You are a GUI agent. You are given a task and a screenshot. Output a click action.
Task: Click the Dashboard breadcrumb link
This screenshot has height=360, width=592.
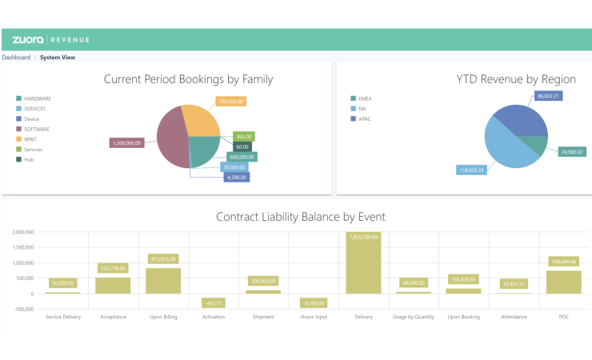click(16, 58)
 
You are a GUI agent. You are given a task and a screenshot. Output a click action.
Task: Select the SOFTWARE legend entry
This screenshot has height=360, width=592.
click(36, 129)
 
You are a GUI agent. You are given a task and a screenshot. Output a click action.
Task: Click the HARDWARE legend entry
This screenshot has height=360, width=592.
click(37, 98)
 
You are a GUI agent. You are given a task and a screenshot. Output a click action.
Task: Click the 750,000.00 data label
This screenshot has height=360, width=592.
click(231, 102)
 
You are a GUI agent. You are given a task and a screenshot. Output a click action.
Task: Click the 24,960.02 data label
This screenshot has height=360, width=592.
click(570, 151)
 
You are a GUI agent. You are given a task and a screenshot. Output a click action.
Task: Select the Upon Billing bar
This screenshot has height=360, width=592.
click(162, 280)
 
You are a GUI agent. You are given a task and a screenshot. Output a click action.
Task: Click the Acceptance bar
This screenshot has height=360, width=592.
click(112, 285)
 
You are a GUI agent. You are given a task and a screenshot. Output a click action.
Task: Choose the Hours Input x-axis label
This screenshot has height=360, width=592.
click(314, 317)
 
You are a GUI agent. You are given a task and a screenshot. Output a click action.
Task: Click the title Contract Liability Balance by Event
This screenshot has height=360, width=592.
click(300, 216)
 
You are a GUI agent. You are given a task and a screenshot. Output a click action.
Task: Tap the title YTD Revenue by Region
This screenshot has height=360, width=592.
click(516, 78)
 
